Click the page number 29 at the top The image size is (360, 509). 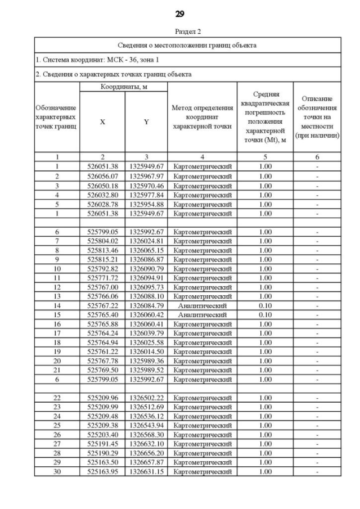[179, 13]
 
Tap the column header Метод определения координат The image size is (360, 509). [202, 117]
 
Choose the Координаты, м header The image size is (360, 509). [123, 87]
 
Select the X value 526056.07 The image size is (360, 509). [102, 176]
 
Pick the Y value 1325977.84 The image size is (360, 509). [146, 195]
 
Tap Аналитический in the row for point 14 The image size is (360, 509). [202, 305]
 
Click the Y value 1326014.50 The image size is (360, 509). [146, 352]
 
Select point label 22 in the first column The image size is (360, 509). [57, 398]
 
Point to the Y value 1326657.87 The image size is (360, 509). [146, 462]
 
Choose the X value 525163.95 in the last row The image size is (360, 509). [102, 472]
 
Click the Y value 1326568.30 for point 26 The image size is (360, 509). [146, 435]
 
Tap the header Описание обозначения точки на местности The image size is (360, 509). [317, 117]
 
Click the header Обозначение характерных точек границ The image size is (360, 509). [57, 117]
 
